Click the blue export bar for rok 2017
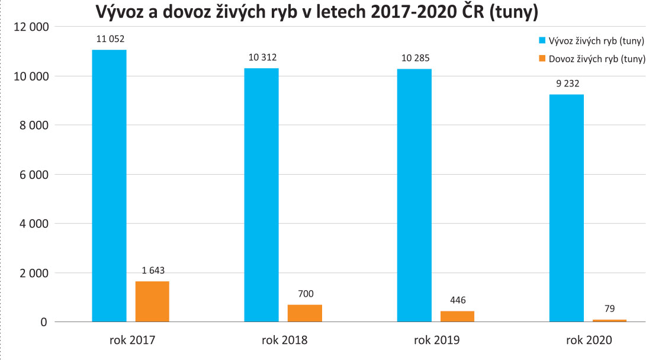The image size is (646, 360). pyautogui.click(x=109, y=186)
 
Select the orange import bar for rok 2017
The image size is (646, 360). pyautogui.click(x=152, y=301)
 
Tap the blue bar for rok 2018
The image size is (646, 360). pyautogui.click(x=261, y=195)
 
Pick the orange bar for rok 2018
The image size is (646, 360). pyautogui.click(x=305, y=313)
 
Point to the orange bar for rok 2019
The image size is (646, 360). pyautogui.click(x=457, y=316)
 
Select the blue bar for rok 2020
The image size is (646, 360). pyautogui.click(x=567, y=208)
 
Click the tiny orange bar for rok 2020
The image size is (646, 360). pyautogui.click(x=610, y=320)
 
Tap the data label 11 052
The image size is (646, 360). pyautogui.click(x=110, y=39)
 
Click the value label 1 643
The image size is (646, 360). pyautogui.click(x=153, y=271)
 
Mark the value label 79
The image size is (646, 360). pyautogui.click(x=610, y=308)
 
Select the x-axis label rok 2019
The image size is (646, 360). pyautogui.click(x=436, y=340)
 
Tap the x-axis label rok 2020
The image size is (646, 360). pyautogui.click(x=589, y=340)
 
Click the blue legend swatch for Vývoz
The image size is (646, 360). pyautogui.click(x=542, y=41)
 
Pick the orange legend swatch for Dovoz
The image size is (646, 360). pyautogui.click(x=542, y=58)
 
